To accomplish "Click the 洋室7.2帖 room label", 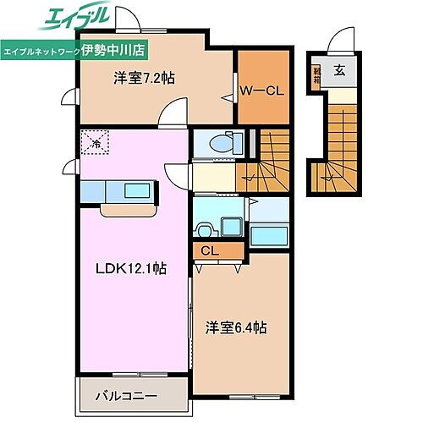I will pos(144,79).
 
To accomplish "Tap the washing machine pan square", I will pos(231,227).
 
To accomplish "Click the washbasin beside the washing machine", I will pos(203,228).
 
